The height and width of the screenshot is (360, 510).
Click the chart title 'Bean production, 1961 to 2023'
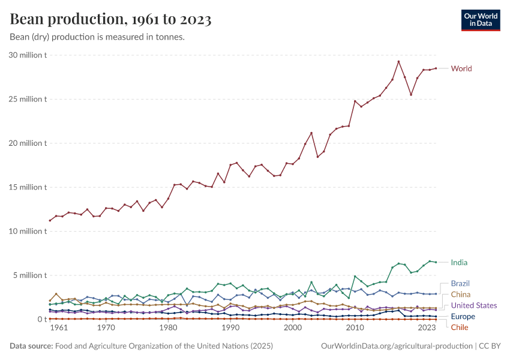(110, 20)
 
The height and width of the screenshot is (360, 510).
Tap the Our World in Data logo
(480, 20)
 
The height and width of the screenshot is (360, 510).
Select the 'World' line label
(461, 68)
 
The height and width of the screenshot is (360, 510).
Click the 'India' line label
(459, 262)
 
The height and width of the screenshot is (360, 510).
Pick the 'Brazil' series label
(460, 283)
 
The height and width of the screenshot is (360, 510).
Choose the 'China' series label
(460, 295)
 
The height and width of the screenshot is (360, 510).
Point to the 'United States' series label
(474, 306)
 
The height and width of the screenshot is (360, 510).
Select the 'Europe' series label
(463, 317)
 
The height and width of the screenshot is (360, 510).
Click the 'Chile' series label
(459, 328)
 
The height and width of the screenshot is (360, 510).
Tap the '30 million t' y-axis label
(28, 55)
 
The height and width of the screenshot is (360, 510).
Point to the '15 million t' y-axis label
(28, 187)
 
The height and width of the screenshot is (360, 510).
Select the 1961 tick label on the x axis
(58, 328)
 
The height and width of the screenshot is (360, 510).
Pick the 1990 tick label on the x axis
(230, 328)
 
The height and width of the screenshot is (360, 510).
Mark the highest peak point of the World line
(398, 61)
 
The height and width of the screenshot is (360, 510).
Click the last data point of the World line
(436, 68)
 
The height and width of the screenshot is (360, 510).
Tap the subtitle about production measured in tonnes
(97, 37)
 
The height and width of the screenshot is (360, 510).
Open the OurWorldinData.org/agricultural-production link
(397, 346)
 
